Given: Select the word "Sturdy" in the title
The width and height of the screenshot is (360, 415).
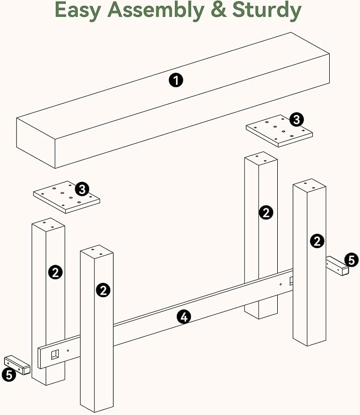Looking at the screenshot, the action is click(267, 11).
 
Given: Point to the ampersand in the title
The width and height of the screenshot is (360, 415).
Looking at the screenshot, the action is click(218, 10).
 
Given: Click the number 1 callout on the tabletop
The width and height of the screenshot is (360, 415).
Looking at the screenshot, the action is click(176, 80).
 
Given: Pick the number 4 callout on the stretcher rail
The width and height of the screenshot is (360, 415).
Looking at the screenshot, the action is click(184, 317).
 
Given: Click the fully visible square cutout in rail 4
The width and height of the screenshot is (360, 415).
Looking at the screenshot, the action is click(55, 355).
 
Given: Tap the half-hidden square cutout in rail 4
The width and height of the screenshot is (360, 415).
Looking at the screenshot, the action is click(291, 281).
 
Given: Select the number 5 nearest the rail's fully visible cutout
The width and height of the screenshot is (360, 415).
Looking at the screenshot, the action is click(9, 375).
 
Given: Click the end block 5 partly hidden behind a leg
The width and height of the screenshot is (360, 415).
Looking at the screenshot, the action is click(337, 266).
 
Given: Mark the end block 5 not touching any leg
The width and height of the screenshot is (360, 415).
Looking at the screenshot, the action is click(17, 365).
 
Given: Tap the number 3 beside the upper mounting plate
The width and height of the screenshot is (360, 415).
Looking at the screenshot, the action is click(296, 119).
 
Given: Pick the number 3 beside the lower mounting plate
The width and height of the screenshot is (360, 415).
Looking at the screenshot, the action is click(82, 189).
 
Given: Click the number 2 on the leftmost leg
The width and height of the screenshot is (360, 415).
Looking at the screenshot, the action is click(55, 272).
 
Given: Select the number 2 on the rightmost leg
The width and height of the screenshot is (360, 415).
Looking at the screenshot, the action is click(317, 241).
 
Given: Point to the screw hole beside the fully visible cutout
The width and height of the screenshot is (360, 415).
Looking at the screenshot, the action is click(68, 350).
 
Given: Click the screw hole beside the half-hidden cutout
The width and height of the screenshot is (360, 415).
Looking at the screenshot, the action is click(280, 285).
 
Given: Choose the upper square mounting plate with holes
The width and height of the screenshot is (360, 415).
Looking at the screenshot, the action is click(279, 131).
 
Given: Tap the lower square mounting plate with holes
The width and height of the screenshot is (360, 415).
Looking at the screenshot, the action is click(66, 197).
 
